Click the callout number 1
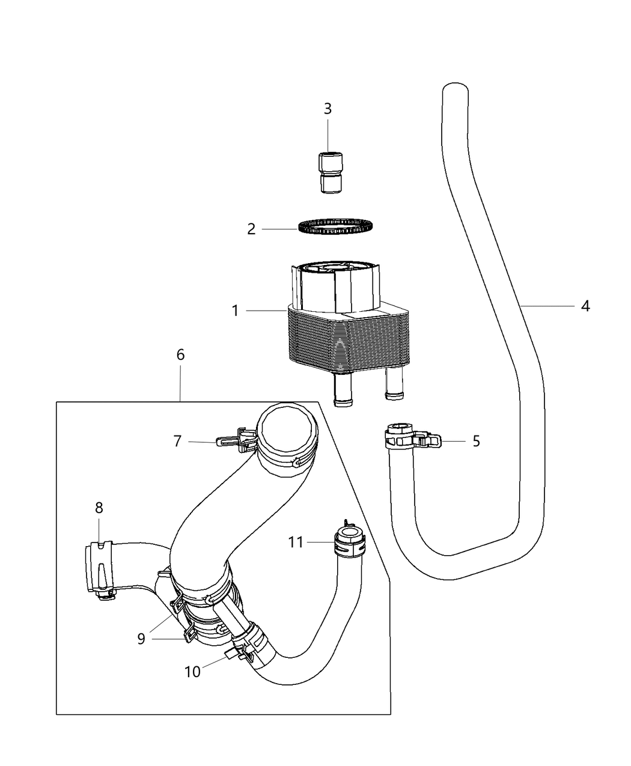(236, 311)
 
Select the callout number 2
(251, 229)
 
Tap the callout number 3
(328, 109)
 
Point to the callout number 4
(585, 306)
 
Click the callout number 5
(476, 442)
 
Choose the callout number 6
(180, 354)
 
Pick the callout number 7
(177, 442)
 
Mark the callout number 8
(99, 508)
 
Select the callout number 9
(141, 639)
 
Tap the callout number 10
(192, 672)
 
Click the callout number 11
(295, 543)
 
